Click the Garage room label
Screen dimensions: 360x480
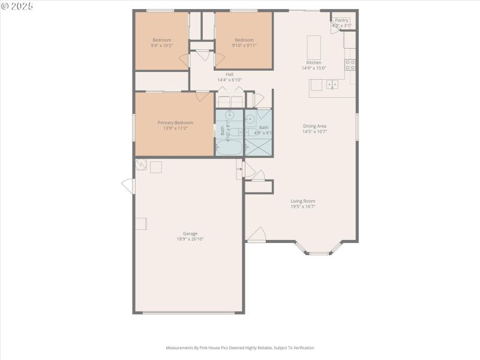click(190, 234)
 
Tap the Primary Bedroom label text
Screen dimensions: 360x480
click(175, 122)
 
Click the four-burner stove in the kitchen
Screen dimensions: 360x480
click(350, 65)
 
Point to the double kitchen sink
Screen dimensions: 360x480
click(332, 85)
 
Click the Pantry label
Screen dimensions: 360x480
click(341, 20)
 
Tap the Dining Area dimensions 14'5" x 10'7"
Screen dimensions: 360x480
click(314, 131)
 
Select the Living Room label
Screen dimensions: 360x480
click(303, 201)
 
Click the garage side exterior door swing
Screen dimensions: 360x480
click(128, 186)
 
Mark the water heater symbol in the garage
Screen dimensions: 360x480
click(140, 165)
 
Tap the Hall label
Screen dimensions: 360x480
click(229, 74)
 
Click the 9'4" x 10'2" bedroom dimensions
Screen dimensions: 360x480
click(161, 46)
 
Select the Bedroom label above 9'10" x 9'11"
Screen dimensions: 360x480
click(244, 40)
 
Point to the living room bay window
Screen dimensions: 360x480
click(319, 250)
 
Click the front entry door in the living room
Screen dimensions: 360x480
click(256, 235)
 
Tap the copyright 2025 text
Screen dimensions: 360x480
click(17, 5)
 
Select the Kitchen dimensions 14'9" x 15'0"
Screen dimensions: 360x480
click(314, 68)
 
